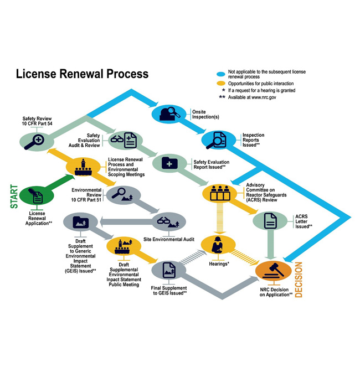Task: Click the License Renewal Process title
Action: (x=82, y=74)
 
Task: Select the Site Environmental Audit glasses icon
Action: (x=168, y=222)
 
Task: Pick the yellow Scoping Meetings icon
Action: (x=83, y=166)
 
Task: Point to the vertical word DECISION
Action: (x=299, y=280)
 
